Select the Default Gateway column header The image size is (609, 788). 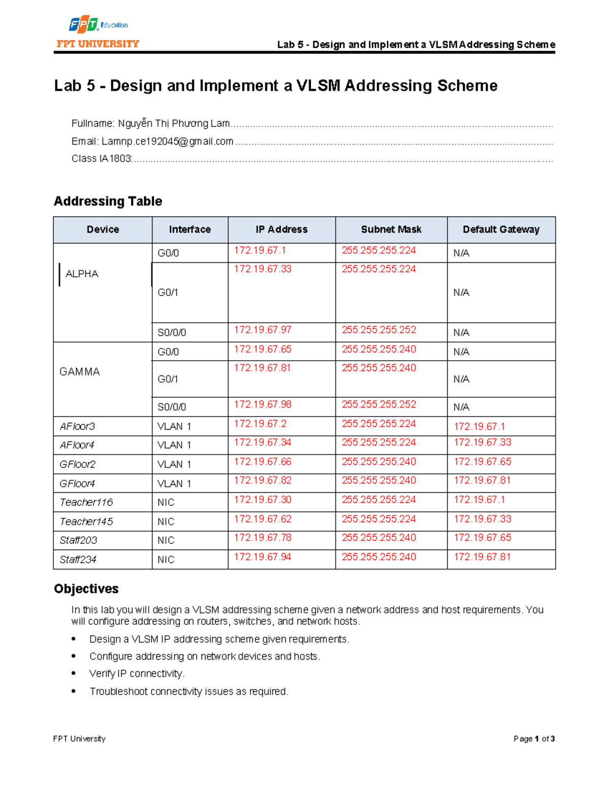click(x=501, y=229)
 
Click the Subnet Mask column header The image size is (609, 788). click(x=391, y=229)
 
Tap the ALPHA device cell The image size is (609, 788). click(x=82, y=274)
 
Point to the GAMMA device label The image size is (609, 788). click(x=80, y=372)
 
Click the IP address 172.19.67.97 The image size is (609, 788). click(x=262, y=330)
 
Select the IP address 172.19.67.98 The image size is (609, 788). click(x=262, y=404)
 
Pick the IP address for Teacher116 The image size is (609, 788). click(x=262, y=500)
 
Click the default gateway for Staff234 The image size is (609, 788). click(x=482, y=557)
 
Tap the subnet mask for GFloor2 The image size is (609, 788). click(x=379, y=462)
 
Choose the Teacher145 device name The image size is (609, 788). click(x=86, y=522)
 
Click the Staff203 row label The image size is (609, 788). click(x=78, y=540)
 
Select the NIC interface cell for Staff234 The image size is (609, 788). click(x=166, y=560)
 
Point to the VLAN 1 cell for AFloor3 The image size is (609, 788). click(x=174, y=427)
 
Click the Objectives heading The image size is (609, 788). click(x=86, y=589)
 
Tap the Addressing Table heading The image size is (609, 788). click(x=108, y=201)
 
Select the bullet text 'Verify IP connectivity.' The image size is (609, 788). click(x=137, y=674)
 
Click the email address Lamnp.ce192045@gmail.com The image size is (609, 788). click(x=167, y=142)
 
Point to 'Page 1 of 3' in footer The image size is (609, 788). click(x=534, y=739)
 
